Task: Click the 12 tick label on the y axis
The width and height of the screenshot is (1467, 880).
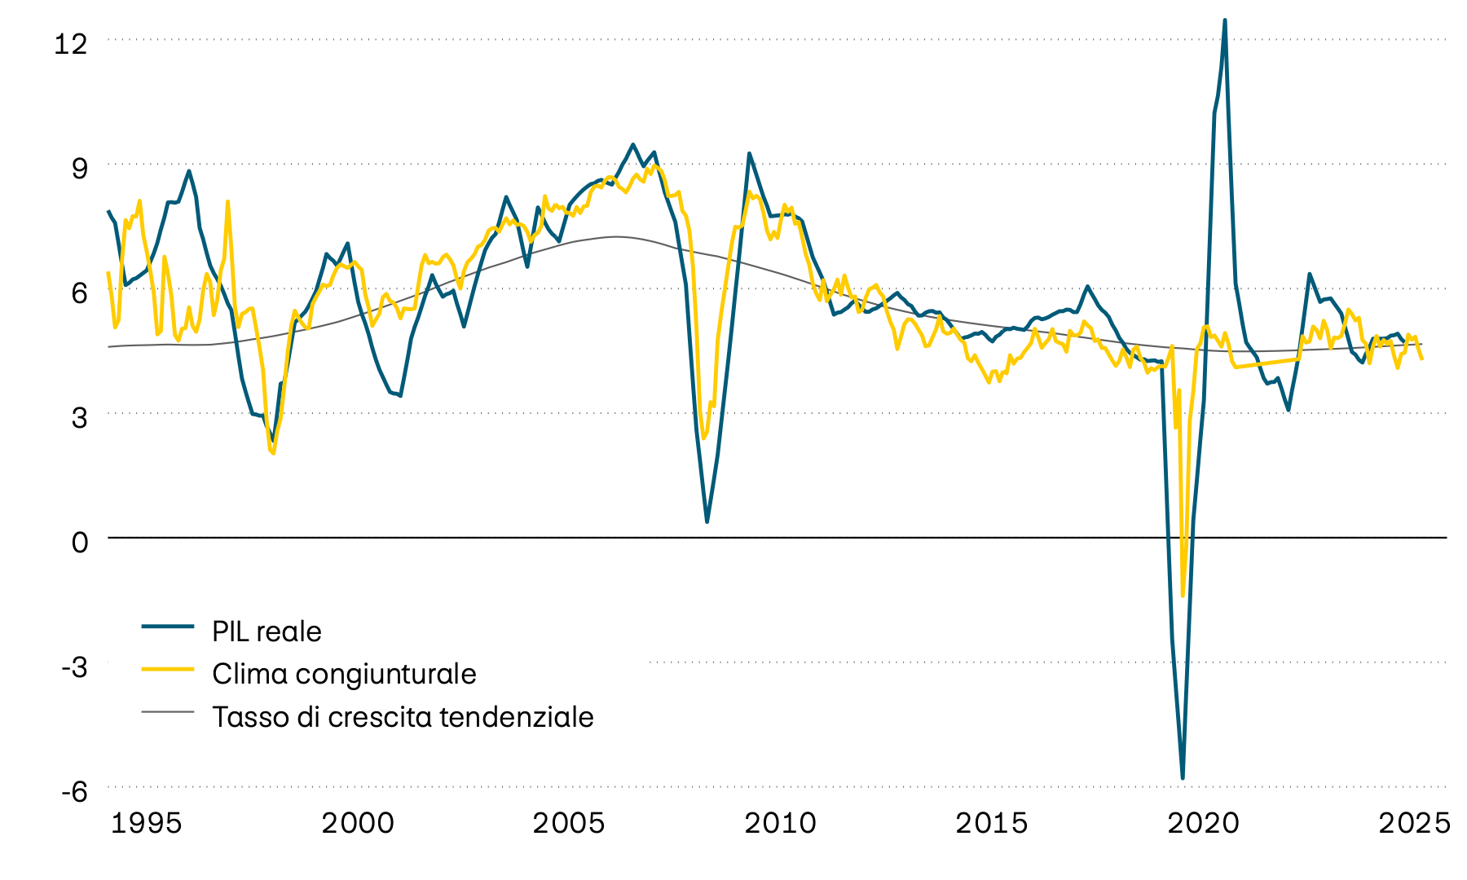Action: coord(70,44)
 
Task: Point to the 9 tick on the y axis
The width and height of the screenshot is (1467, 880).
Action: coord(79,169)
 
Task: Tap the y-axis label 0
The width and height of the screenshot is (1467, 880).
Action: coord(79,542)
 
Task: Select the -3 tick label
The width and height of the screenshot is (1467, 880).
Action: coord(73,667)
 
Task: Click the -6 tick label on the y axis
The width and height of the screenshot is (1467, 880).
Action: coord(73,791)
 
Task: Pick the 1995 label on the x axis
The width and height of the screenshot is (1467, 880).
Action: coord(146,823)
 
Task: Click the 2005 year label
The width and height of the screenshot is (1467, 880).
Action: coord(569,823)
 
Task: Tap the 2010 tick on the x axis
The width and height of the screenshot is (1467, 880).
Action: coord(780,823)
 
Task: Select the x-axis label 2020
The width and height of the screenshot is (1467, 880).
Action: coord(1203,823)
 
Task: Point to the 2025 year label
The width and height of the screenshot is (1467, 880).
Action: coord(1414,823)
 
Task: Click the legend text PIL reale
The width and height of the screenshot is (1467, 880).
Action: coord(267,631)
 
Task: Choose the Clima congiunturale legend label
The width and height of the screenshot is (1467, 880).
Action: coord(344,674)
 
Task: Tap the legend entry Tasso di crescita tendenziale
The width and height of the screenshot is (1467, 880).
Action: coord(403,717)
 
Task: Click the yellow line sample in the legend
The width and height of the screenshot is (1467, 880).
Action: coord(168,669)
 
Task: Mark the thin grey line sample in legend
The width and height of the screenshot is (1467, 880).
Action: coord(168,711)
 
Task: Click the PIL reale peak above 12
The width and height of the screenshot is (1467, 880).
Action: coord(1225,20)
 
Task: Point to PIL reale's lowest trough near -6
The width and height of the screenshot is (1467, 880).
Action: coord(1183,778)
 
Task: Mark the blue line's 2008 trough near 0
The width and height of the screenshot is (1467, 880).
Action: coord(707,521)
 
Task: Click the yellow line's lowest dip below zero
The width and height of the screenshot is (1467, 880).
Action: coord(1183,596)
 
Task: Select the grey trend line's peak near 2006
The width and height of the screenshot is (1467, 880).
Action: coord(615,237)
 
